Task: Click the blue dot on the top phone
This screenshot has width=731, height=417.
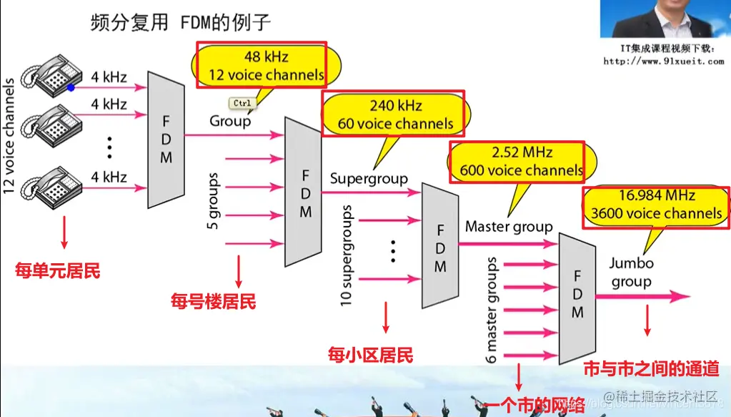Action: [71, 88]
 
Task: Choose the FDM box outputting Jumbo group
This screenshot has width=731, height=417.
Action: [577, 294]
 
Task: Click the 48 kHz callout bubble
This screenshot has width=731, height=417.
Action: [258, 65]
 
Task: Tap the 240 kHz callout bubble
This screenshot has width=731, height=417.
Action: [395, 114]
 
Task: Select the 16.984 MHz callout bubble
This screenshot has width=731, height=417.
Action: [655, 205]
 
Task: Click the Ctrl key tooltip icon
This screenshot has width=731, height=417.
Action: [242, 104]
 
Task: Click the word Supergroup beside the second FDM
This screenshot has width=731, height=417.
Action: [369, 178]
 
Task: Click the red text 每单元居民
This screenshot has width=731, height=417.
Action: [58, 271]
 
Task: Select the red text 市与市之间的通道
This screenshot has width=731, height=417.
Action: [651, 369]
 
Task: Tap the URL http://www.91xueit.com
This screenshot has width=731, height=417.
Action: [664, 61]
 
